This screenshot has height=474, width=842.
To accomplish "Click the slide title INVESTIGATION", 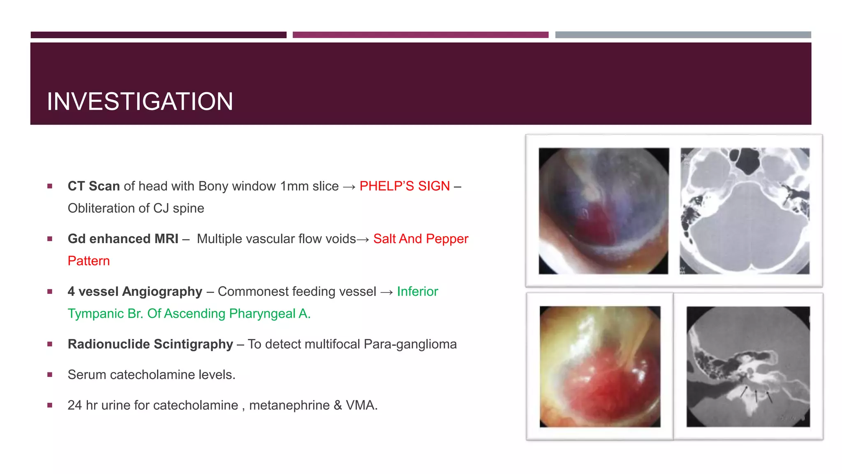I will (x=140, y=101).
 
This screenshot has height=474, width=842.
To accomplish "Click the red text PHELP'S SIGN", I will (x=404, y=186).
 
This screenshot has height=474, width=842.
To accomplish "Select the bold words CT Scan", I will (x=94, y=186).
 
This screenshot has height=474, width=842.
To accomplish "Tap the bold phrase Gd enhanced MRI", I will (x=123, y=239).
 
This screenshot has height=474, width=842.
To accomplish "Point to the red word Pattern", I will (x=89, y=261).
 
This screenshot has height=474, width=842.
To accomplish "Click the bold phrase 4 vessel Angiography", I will (x=135, y=291).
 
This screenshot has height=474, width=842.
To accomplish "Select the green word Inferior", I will (x=417, y=291).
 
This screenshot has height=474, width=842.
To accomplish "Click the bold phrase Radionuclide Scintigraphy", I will (x=150, y=344).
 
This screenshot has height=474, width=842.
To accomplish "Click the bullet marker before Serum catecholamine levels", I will (x=50, y=374).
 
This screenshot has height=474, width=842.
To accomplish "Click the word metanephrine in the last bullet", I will (x=289, y=405).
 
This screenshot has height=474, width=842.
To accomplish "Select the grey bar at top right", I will (x=683, y=35).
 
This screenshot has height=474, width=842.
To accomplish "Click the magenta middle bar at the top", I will (x=420, y=35).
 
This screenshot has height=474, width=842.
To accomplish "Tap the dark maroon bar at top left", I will (x=158, y=35).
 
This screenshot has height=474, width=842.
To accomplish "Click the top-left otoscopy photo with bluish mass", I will (x=604, y=211).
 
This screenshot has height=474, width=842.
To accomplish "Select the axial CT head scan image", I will (x=745, y=211).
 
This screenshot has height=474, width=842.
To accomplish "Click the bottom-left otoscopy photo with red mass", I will (x=600, y=366).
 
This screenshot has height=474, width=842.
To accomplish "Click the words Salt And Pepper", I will (x=421, y=239).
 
